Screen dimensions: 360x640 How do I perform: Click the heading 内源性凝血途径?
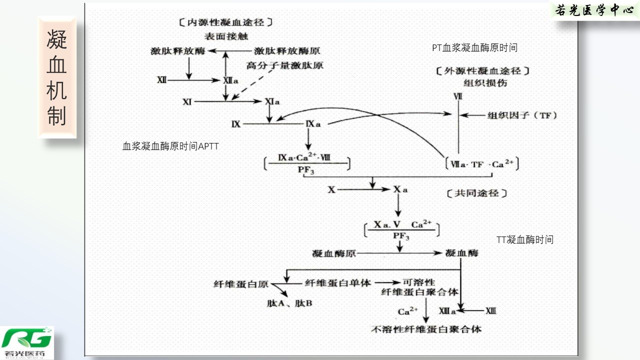click(x=226, y=22)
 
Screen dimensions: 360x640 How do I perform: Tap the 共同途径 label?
click(x=476, y=193)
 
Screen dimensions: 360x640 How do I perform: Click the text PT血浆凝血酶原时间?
click(x=474, y=48)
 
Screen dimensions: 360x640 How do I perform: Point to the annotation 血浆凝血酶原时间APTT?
click(x=170, y=146)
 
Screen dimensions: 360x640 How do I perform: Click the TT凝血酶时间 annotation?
click(x=525, y=240)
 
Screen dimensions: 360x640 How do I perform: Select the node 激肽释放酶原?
click(x=287, y=51)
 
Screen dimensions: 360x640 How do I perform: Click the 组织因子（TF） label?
click(x=522, y=115)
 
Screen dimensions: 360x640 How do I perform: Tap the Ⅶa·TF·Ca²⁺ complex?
click(x=482, y=164)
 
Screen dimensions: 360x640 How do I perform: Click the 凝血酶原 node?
click(x=334, y=253)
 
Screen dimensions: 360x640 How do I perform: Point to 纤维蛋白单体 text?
click(x=338, y=283)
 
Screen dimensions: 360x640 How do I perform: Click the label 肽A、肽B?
click(x=289, y=303)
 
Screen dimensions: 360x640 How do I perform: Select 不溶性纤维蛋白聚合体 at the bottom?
click(x=426, y=329)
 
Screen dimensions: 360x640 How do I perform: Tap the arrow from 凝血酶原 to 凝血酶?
click(x=400, y=253)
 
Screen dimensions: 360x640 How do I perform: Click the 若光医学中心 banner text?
click(x=594, y=10)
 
